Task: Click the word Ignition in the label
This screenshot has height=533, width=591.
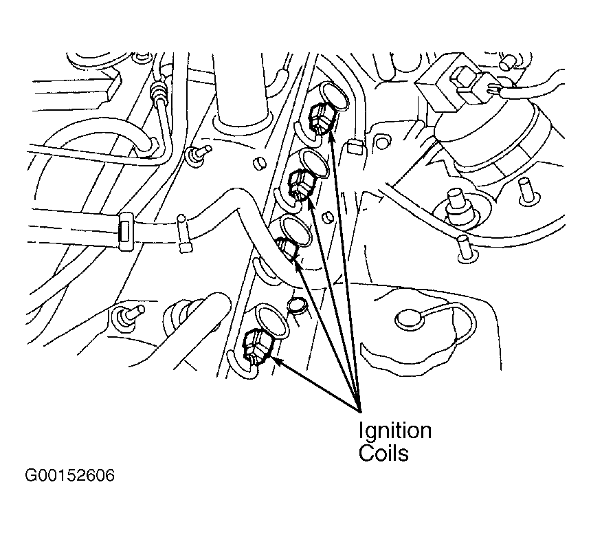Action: (x=395, y=431)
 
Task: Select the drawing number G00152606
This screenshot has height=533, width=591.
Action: (x=69, y=475)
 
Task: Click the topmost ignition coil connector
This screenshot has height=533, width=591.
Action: (x=320, y=118)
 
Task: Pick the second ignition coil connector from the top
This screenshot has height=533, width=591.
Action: (x=300, y=185)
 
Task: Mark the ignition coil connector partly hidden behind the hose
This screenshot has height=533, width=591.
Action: (x=287, y=248)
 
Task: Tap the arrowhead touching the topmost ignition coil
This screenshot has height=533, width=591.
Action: (x=331, y=135)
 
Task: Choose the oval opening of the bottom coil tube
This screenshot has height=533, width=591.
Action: (x=271, y=318)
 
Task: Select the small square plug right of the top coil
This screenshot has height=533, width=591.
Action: (x=355, y=146)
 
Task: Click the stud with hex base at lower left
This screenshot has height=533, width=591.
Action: (x=127, y=314)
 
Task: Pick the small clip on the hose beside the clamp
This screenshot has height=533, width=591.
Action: (x=183, y=234)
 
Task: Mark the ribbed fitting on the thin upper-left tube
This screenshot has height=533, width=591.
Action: (x=157, y=91)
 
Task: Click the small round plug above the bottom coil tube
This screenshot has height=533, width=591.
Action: (x=297, y=305)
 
